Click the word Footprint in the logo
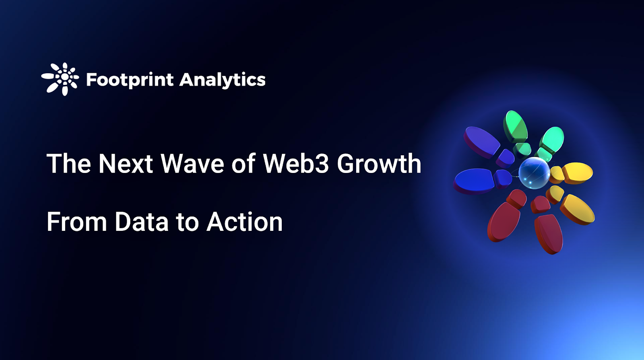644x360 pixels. [x=130, y=80]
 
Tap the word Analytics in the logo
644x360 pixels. [x=223, y=80]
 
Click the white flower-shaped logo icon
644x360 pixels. [x=60, y=79]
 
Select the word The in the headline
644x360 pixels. [x=68, y=164]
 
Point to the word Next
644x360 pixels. [x=126, y=164]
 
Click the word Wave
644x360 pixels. [x=192, y=164]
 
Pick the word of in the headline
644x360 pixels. [x=243, y=164]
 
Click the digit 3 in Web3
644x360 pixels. [x=322, y=164]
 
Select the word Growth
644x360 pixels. [x=379, y=164]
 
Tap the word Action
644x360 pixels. [x=244, y=222]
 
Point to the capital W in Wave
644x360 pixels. [x=173, y=164]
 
